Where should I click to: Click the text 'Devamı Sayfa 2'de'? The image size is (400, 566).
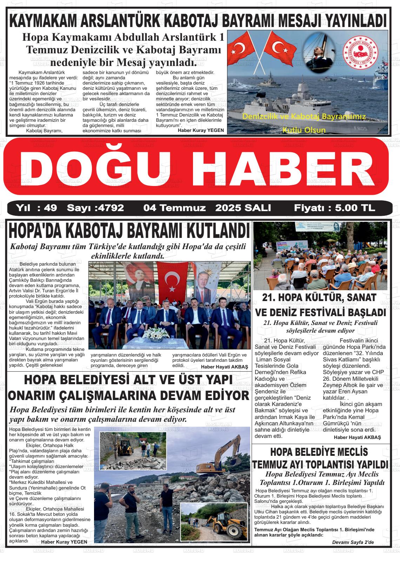[353, 542]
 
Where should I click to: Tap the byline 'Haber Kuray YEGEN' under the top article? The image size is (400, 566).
[201, 130]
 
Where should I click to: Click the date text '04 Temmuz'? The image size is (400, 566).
[174, 208]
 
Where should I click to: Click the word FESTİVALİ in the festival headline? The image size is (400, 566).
[333, 312]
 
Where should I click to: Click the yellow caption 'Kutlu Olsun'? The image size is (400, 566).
[304, 130]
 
